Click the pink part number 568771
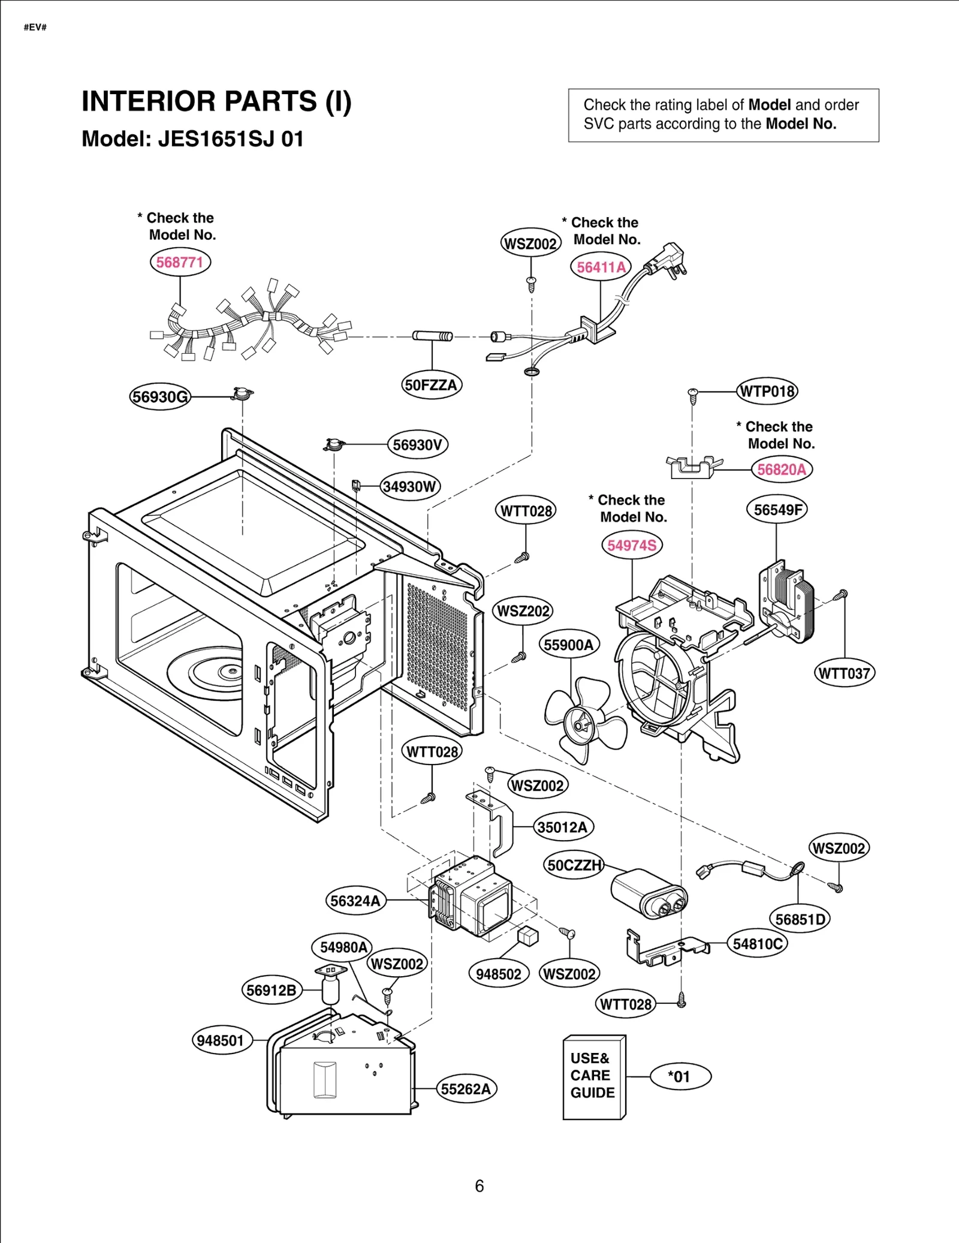pyautogui.click(x=180, y=262)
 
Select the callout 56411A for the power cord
pyautogui.click(x=601, y=267)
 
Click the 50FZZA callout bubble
pyautogui.click(x=431, y=385)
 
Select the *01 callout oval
pyautogui.click(x=680, y=1077)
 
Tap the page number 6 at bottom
pyautogui.click(x=479, y=1186)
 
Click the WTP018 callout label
pyautogui.click(x=767, y=392)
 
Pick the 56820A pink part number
pyautogui.click(x=782, y=469)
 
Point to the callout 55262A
pyautogui.click(x=466, y=1089)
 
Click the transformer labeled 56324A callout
pyautogui.click(x=355, y=901)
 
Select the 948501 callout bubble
pyautogui.click(x=221, y=1040)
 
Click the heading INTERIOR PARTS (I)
pyautogui.click(x=216, y=101)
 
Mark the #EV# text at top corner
pyautogui.click(x=35, y=27)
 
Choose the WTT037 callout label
pyautogui.click(x=844, y=673)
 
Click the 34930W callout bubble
pyautogui.click(x=410, y=486)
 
